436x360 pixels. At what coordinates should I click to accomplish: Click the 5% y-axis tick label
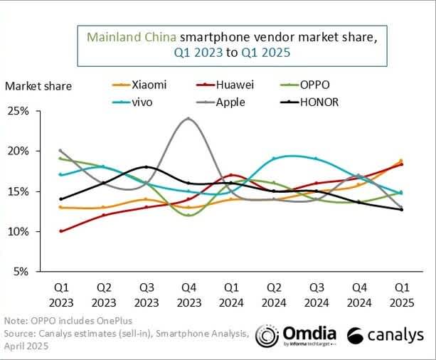[40, 272]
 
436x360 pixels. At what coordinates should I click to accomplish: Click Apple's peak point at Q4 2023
[188, 118]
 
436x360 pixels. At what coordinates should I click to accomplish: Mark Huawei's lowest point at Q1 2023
[60, 231]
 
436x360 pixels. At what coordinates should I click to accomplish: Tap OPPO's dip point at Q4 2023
[188, 215]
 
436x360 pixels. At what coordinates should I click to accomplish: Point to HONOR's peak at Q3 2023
[146, 166]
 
